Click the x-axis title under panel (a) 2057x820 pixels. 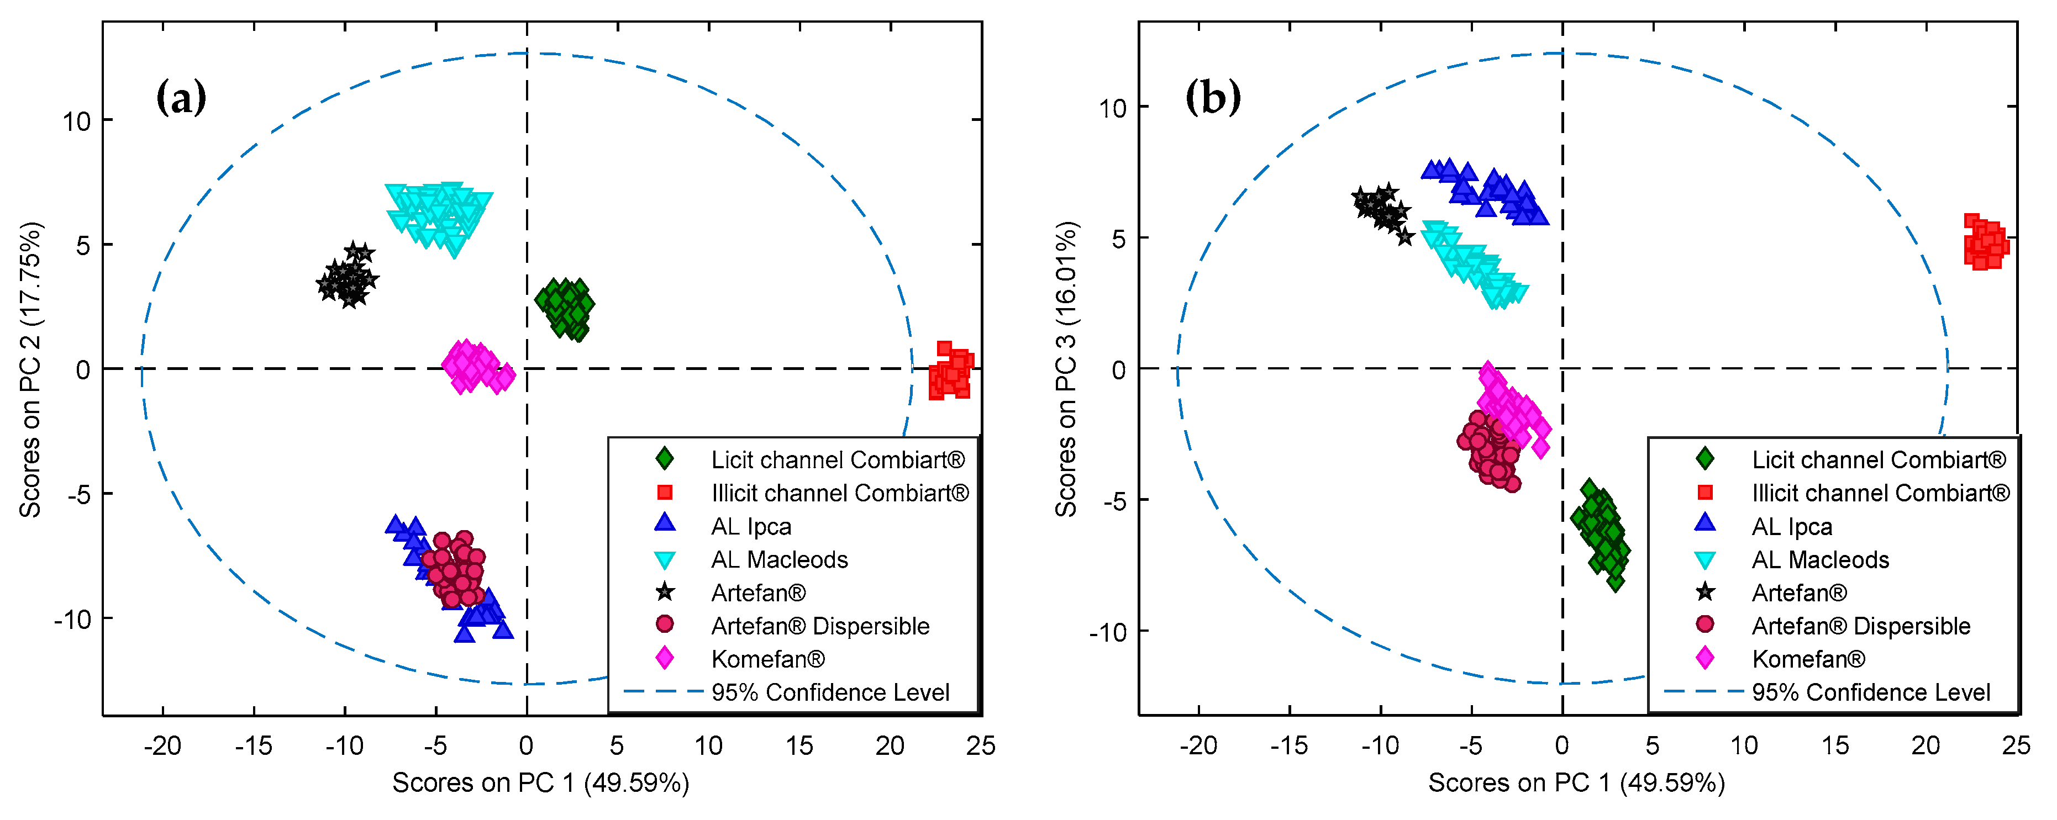[540, 782]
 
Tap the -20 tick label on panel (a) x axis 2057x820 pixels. [162, 746]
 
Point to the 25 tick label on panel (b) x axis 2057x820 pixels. [2016, 746]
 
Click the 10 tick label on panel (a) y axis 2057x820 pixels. [77, 122]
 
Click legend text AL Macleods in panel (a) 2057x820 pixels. [780, 560]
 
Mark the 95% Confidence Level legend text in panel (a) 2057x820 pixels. [830, 692]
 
